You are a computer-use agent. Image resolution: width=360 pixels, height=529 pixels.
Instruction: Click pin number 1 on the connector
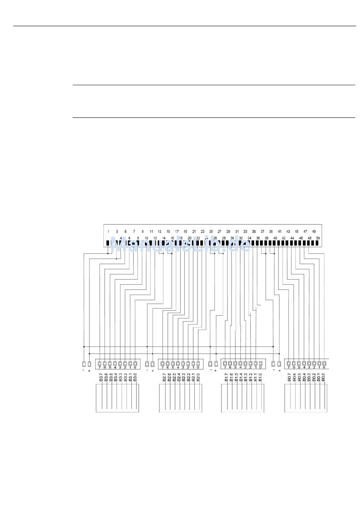[108, 231]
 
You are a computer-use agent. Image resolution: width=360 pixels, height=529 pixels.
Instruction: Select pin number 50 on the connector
[318, 238]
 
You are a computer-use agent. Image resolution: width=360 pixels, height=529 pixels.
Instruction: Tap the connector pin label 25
[211, 231]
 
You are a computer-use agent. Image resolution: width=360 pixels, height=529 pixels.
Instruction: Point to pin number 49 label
[314, 231]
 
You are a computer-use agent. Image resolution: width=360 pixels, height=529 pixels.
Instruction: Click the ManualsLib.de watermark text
[180, 245]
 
